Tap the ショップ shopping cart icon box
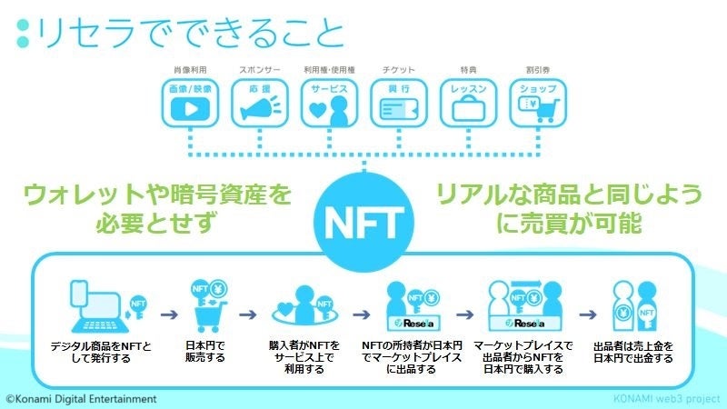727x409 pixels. pos(537,102)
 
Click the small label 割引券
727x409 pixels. pos(537,69)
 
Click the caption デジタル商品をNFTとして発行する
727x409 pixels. pos(102,352)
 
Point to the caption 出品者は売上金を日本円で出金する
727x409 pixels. pos(632,352)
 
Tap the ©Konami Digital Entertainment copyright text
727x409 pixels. pos(81,398)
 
